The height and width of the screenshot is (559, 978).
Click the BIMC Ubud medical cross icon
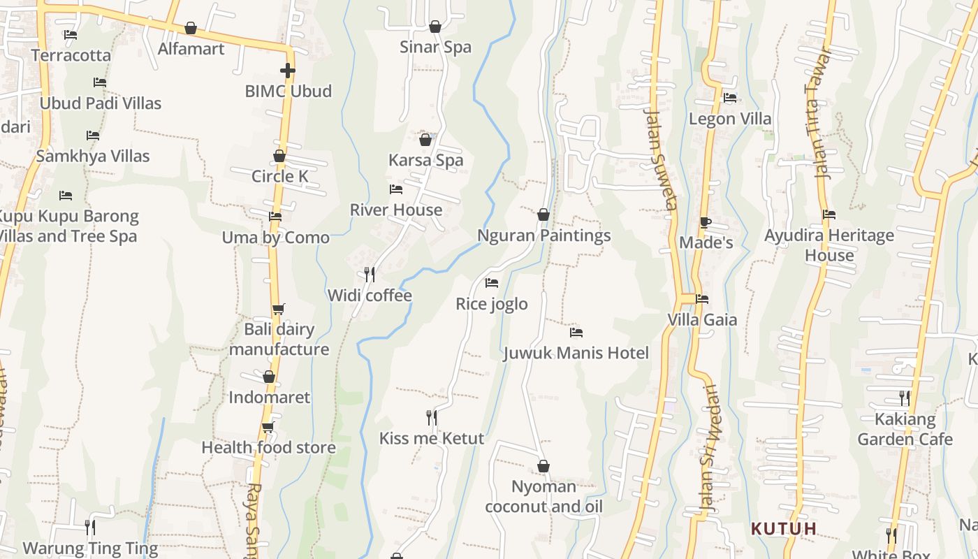tap(287, 71)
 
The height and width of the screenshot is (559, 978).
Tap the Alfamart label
tap(191, 49)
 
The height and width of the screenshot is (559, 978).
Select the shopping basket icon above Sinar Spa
tap(435, 27)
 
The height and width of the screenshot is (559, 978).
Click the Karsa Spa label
tap(425, 161)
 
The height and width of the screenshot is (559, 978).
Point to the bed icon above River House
tap(396, 189)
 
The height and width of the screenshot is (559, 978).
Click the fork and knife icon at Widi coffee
tap(370, 274)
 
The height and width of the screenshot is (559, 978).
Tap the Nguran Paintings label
tap(543, 236)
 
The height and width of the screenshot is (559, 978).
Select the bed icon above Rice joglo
tap(492, 283)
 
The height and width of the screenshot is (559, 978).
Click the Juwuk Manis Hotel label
tap(576, 354)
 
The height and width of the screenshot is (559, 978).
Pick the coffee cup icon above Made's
tap(706, 223)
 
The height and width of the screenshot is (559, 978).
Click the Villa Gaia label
tap(702, 320)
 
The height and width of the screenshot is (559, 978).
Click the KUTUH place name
tap(784, 528)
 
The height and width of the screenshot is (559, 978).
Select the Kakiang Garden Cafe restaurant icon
tap(905, 398)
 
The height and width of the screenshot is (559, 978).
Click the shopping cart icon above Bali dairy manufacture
tap(278, 309)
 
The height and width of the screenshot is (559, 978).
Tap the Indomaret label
tap(270, 398)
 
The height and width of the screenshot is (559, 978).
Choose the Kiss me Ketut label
tap(431, 439)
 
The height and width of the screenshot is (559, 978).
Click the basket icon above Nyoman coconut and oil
tap(543, 466)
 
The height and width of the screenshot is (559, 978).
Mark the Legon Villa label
tap(730, 119)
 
